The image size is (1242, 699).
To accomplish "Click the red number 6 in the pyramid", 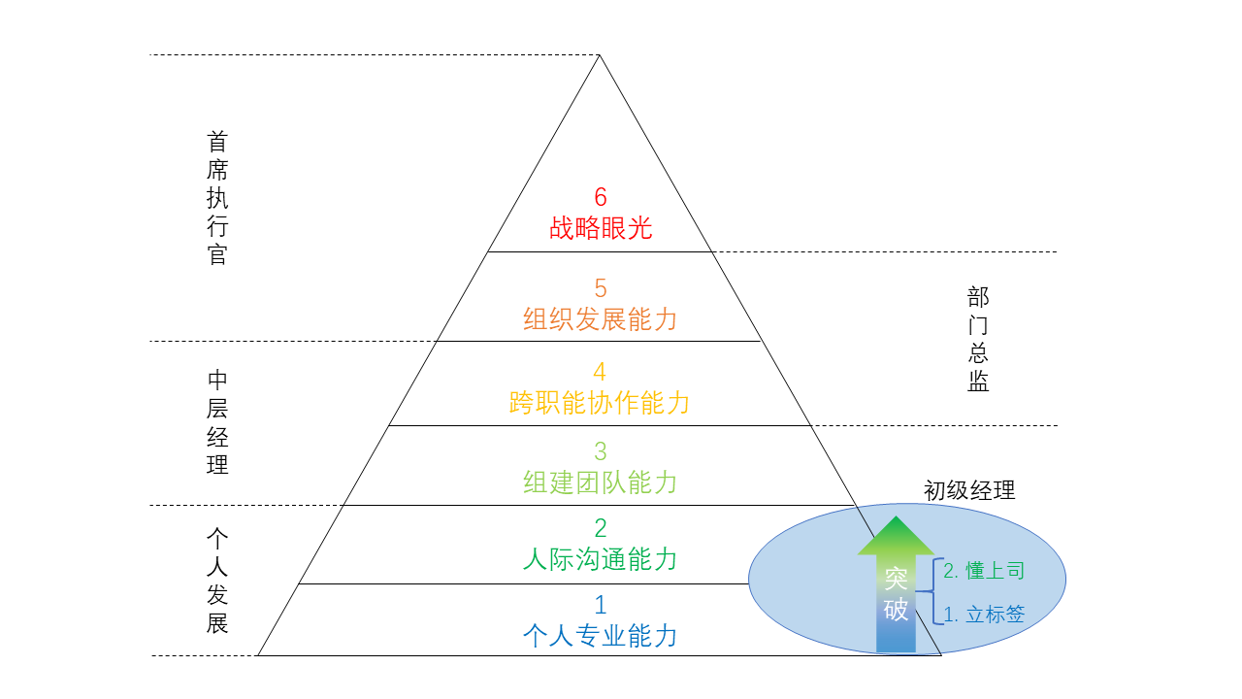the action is tap(601, 197).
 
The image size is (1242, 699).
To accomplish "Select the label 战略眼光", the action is tap(601, 228).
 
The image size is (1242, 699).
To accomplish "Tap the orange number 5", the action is tap(601, 288).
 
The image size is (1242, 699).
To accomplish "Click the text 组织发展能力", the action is tap(601, 319).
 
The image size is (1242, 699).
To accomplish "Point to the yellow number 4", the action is tap(600, 372).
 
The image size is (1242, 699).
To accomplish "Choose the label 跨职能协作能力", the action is tap(600, 403).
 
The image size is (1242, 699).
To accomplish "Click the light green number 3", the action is tap(601, 451).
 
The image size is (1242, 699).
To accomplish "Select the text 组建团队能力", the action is tap(601, 483).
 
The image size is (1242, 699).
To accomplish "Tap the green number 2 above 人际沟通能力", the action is tap(601, 528).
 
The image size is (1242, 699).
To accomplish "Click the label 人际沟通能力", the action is tap(601, 559).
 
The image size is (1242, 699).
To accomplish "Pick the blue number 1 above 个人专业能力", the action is tap(601, 605).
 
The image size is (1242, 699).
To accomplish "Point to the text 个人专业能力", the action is tap(601, 636).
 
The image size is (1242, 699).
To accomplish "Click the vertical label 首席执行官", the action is tap(217, 198).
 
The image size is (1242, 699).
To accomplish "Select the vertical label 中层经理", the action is tap(217, 422).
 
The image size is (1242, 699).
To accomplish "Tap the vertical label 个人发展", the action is tap(217, 581).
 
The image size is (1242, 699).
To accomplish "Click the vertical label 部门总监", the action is tap(978, 339).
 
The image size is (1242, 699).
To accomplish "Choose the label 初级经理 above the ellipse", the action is tap(969, 490).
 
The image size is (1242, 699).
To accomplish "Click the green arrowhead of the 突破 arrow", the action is tap(896, 535).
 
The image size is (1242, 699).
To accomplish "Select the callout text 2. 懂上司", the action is tap(984, 571).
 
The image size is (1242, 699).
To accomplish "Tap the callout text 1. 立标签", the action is tap(984, 615).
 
